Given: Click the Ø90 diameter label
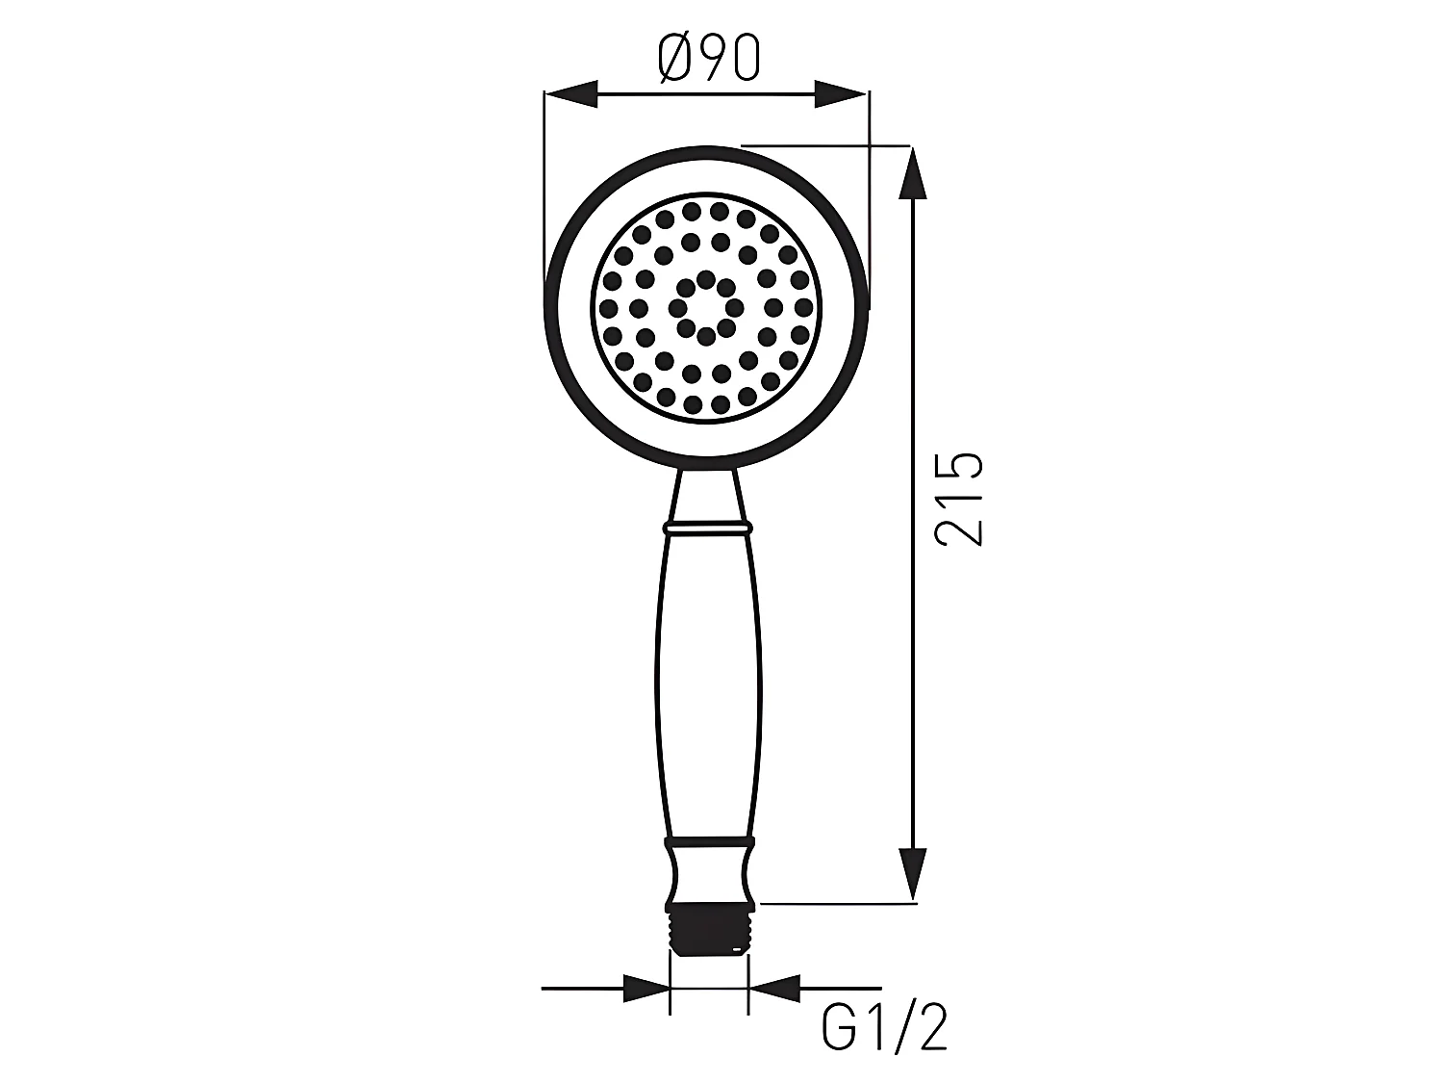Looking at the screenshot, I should click(709, 59).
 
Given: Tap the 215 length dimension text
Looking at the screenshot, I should click(961, 499).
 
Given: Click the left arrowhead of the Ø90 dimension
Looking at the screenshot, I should click(571, 94).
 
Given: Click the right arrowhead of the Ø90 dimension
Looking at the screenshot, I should click(842, 94).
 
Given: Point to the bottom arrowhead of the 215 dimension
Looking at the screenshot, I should click(911, 874).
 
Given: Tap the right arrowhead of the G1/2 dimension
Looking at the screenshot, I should click(773, 988).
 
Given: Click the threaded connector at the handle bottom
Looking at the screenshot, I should click(708, 929).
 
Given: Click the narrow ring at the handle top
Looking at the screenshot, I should click(707, 528).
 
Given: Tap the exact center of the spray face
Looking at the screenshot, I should click(706, 308).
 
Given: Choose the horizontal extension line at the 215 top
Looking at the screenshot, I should click(827, 146).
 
